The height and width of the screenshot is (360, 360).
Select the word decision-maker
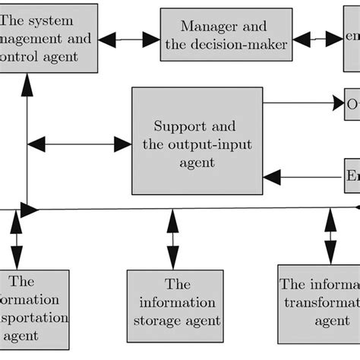point(244,46)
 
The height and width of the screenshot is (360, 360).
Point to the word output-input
point(199,144)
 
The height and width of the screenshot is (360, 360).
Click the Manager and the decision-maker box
point(226,36)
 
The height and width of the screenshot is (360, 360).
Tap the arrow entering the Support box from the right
point(301,178)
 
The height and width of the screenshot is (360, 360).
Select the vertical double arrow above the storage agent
point(174,238)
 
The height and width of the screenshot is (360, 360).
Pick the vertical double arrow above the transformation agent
point(330,235)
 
